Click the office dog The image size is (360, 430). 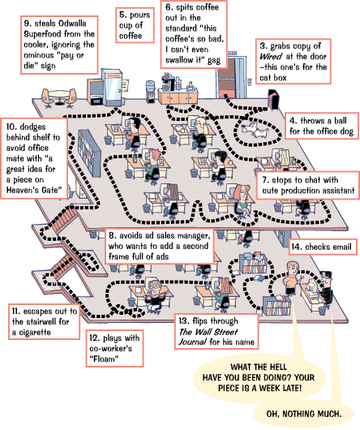pos(255,130)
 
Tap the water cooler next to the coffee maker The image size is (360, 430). pos(150,92)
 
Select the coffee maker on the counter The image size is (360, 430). pos(167,81)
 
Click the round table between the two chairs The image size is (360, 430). pos(59,97)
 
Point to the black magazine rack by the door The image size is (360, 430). pos(273,99)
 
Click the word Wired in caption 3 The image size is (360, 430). pos(271,57)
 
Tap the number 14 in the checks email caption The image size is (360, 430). pos(297,247)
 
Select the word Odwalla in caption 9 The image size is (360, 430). pos(72,24)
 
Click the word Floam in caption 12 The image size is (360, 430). pos(103,359)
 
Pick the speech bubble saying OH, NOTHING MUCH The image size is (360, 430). pos(303,414)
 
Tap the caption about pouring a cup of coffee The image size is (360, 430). pos(135,25)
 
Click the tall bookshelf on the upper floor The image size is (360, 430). pos(89,153)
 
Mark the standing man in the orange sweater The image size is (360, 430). pos(291,278)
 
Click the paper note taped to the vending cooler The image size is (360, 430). pos(124,85)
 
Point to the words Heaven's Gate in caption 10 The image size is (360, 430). pos(33,190)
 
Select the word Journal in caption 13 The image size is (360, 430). pos(193,342)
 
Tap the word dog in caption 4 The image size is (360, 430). pos(345,131)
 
